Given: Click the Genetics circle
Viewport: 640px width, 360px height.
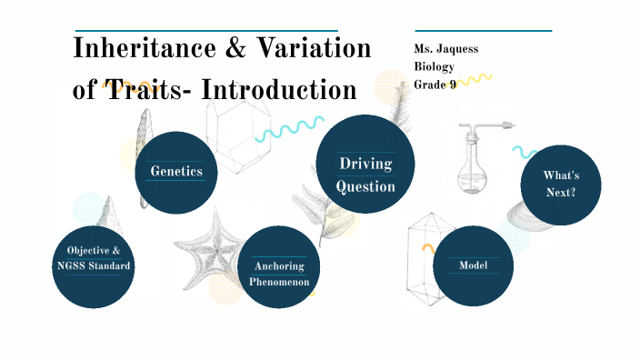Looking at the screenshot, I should click(175, 172).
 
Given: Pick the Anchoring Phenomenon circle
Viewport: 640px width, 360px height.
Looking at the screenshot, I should click(280, 268).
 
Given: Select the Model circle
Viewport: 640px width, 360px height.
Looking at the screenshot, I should click(473, 265).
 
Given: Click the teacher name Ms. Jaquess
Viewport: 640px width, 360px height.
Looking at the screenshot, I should click(446, 49).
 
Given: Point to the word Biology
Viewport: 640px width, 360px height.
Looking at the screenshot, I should click(433, 66).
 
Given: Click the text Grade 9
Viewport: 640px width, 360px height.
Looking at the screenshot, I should click(435, 84).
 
